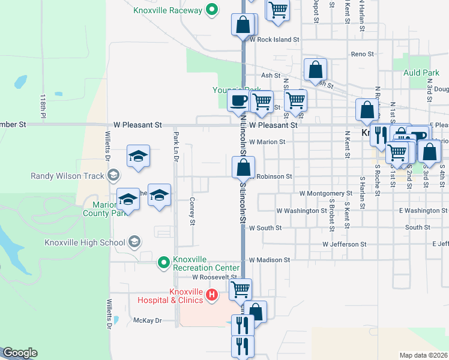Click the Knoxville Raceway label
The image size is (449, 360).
(x=167, y=10)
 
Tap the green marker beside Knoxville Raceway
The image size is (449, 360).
(x=211, y=10)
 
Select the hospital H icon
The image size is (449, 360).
(x=211, y=294)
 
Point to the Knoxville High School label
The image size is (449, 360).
(x=84, y=242)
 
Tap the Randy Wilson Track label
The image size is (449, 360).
(x=67, y=176)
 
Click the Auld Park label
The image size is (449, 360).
(x=421, y=73)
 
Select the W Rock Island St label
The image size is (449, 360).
(x=274, y=40)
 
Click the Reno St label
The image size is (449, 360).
(x=363, y=54)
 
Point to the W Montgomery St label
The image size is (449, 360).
(x=325, y=193)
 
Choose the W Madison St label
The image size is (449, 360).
(x=270, y=260)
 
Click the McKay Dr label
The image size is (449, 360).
(x=148, y=320)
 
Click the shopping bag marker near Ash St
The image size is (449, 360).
(x=315, y=70)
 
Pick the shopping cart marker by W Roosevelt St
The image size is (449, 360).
(x=240, y=290)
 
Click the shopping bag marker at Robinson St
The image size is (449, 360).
(x=243, y=167)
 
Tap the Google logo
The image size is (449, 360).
(x=19, y=353)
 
